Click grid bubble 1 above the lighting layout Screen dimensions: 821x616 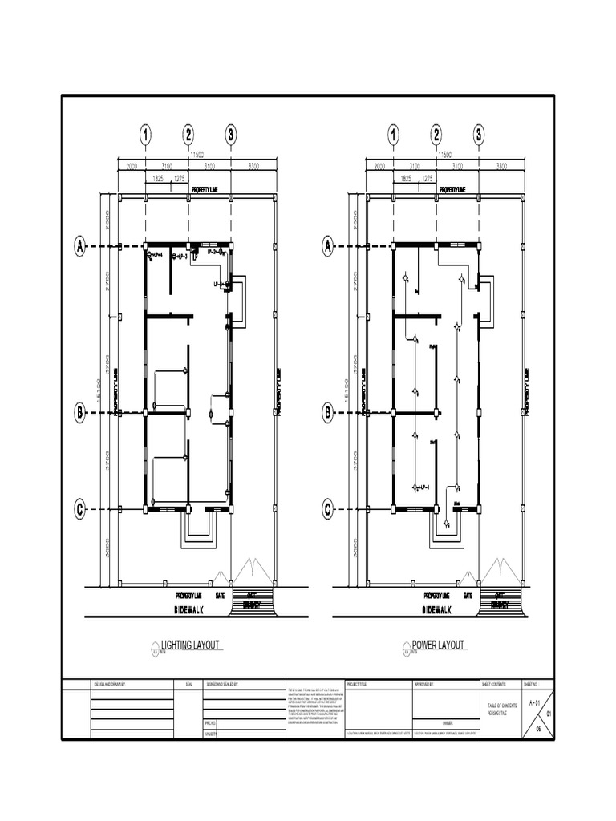tap(145, 135)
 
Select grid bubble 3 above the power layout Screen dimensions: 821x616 tap(479, 135)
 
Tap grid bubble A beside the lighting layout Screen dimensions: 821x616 tap(80, 246)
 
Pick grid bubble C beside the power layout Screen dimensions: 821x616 tap(328, 509)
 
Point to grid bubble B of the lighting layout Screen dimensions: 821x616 tap(80, 413)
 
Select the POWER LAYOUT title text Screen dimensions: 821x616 tap(438, 645)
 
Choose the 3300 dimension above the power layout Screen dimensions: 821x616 tap(502, 166)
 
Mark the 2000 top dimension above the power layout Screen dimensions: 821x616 tap(380, 166)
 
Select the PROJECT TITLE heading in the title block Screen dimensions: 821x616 tap(358, 685)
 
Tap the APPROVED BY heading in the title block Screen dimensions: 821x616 tap(423, 685)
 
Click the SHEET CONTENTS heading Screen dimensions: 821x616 tap(494, 685)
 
